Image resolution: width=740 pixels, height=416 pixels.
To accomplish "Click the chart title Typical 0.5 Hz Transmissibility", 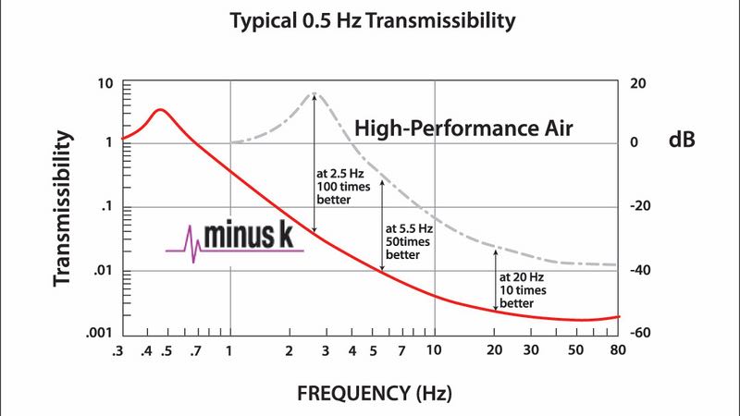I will tap(370, 20).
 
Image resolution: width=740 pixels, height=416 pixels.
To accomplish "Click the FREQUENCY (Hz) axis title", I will tap(375, 394).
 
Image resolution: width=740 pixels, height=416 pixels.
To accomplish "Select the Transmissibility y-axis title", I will tap(62, 207).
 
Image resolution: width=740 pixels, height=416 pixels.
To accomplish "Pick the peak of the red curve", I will tap(160, 110).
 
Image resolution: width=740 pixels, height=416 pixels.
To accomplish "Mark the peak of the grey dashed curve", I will tap(314, 93).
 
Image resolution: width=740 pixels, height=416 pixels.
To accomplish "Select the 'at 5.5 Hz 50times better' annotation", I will tap(410, 239).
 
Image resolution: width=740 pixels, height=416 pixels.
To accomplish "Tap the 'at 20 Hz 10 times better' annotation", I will tap(523, 289).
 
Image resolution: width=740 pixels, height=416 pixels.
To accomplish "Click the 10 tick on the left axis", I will tap(105, 84).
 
